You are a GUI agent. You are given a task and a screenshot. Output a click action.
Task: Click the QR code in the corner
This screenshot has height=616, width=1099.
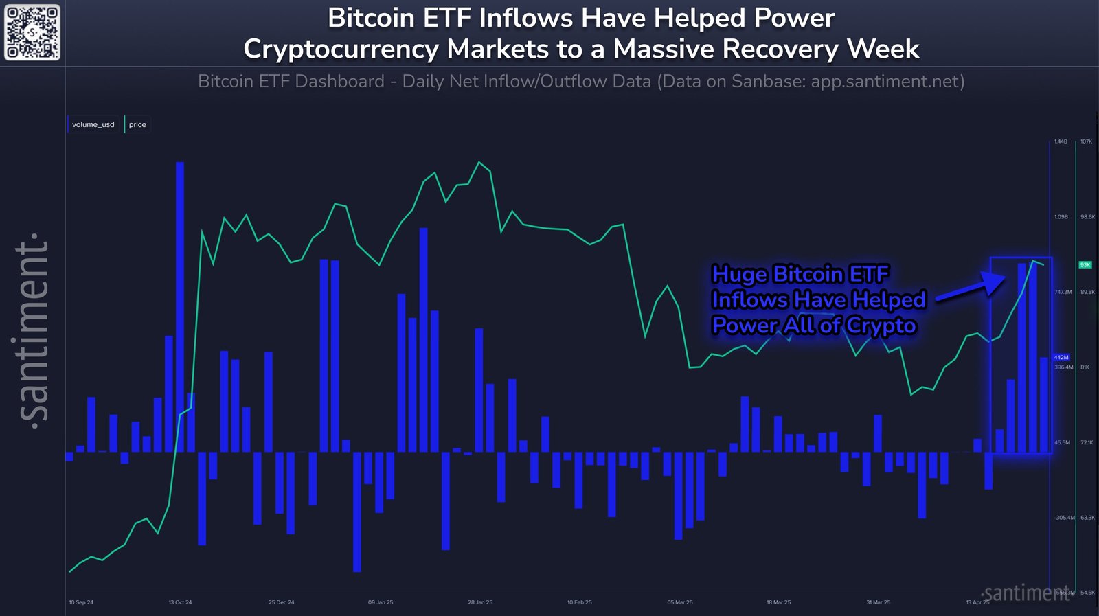(x=32, y=32)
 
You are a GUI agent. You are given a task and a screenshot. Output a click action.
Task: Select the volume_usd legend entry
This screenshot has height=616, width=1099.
(x=93, y=124)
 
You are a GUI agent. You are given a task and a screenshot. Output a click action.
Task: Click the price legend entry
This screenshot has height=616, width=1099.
(x=137, y=124)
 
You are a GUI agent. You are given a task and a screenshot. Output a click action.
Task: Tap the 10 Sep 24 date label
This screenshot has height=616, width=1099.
(x=81, y=602)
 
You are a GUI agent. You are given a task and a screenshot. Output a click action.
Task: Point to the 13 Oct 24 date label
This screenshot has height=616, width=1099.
(x=180, y=602)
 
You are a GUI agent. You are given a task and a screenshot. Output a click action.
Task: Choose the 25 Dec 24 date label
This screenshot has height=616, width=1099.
(x=281, y=602)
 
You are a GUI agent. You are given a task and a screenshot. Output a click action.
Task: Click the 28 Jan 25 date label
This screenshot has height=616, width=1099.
(x=480, y=602)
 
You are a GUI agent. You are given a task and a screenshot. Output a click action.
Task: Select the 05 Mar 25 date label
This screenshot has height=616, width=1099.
(x=679, y=602)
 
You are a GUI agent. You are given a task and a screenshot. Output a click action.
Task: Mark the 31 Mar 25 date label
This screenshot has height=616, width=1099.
(x=878, y=602)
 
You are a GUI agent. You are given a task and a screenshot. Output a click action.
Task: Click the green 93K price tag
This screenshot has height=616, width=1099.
(x=1085, y=264)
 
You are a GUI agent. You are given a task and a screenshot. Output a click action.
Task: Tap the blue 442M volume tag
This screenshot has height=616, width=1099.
(x=1061, y=357)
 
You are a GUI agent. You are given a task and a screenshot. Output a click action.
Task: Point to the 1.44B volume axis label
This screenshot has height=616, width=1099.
(x=1061, y=141)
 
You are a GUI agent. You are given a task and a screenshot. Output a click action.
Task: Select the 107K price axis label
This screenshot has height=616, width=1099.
(x=1086, y=141)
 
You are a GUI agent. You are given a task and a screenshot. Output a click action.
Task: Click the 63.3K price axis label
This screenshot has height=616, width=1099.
(x=1087, y=518)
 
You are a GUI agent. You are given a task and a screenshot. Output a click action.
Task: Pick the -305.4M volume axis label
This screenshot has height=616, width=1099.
(x=1064, y=518)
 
